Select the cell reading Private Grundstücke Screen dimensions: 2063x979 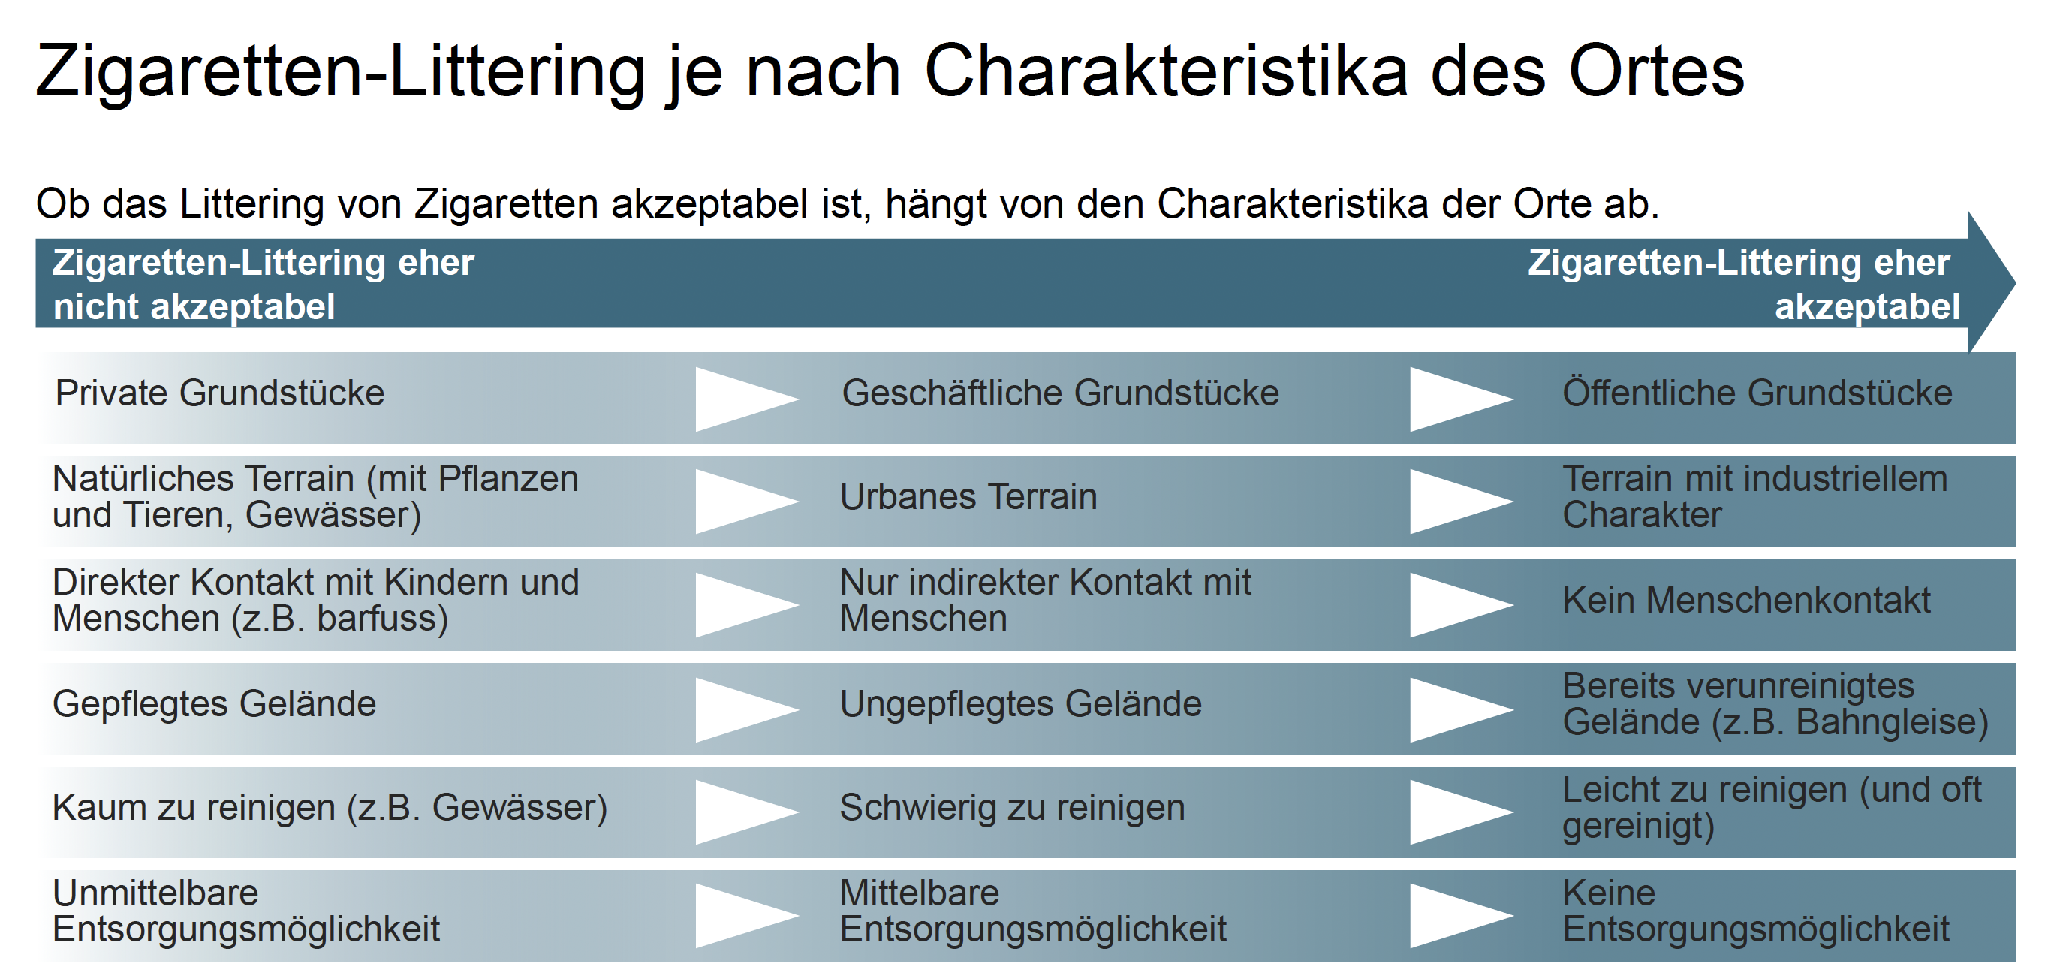click(x=219, y=393)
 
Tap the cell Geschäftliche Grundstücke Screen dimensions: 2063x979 click(x=1060, y=393)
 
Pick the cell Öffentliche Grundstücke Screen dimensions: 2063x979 click(x=1757, y=393)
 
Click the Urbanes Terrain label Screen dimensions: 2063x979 click(x=968, y=497)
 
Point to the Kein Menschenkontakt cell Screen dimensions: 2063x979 click(x=1747, y=600)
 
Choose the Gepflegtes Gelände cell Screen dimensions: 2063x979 click(x=214, y=704)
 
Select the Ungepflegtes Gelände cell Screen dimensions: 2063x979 click(x=1020, y=704)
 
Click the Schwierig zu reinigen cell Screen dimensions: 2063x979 click(x=1012, y=808)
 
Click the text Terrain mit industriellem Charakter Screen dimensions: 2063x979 click(x=1754, y=497)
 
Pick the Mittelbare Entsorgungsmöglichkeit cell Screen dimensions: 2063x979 click(x=1033, y=911)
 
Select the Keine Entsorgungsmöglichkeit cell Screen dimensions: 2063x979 click(x=1755, y=911)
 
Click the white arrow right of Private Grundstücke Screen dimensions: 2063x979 click(x=747, y=399)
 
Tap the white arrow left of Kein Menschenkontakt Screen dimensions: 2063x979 click(x=1462, y=605)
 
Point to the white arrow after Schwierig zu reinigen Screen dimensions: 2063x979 click(x=1462, y=812)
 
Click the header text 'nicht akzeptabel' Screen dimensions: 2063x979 click(x=194, y=307)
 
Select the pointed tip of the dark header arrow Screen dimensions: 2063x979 click(x=2015, y=282)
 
